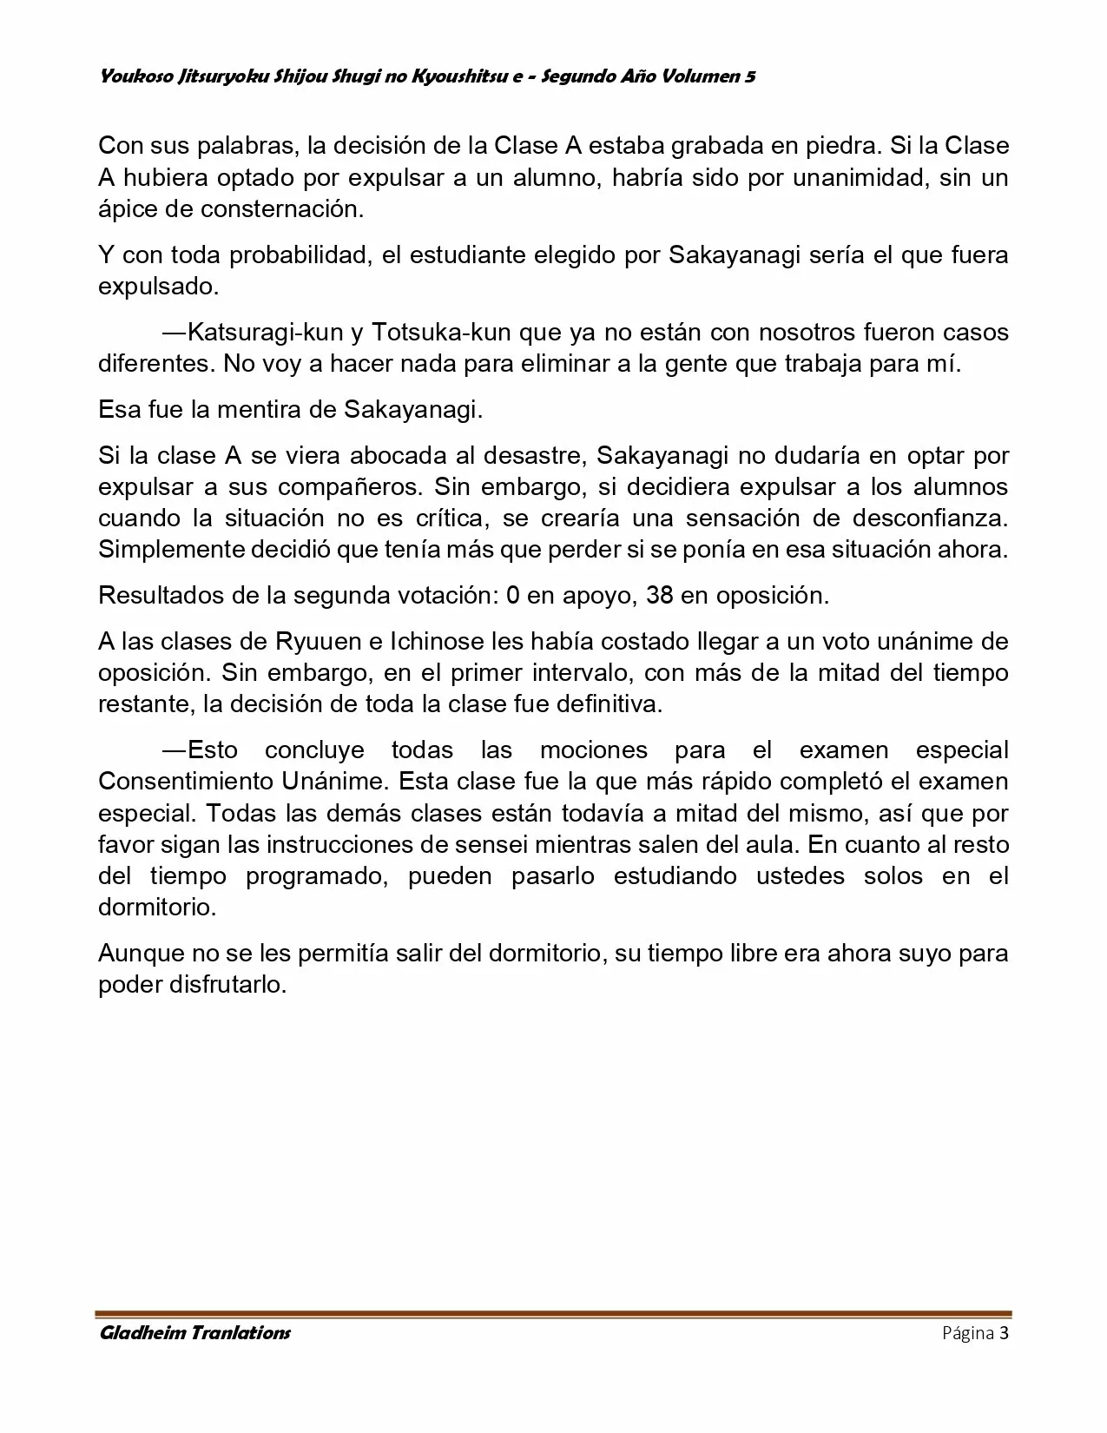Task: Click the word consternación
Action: point(281,209)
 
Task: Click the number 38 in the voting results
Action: point(662,596)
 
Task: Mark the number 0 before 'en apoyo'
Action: point(512,596)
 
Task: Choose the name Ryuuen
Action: point(319,642)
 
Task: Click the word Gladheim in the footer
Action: point(137,1333)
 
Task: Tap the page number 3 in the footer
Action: point(1004,1333)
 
